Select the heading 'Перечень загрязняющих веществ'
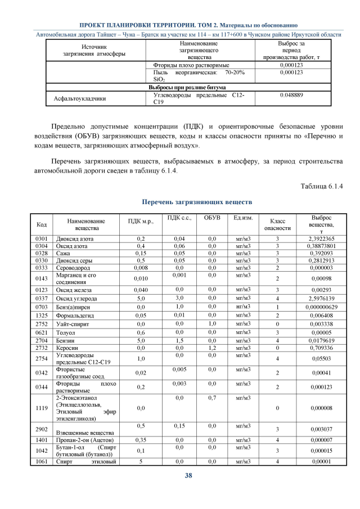tap(188, 201)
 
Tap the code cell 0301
tap(41, 239)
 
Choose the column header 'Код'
tap(41, 224)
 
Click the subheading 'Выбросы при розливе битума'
tap(187, 88)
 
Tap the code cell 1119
tap(41, 407)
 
